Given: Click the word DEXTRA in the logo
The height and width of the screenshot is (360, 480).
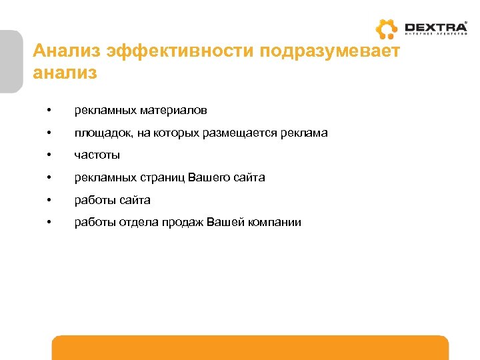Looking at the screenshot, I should click(436, 27).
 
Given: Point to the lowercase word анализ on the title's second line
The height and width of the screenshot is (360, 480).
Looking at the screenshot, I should click(65, 73).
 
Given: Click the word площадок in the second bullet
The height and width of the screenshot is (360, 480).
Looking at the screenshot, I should click(104, 133).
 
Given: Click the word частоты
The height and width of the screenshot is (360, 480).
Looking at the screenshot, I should click(97, 155).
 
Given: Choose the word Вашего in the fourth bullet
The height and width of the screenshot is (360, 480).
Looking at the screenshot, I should click(210, 177).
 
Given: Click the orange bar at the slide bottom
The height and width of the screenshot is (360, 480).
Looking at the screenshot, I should click(250, 347).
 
